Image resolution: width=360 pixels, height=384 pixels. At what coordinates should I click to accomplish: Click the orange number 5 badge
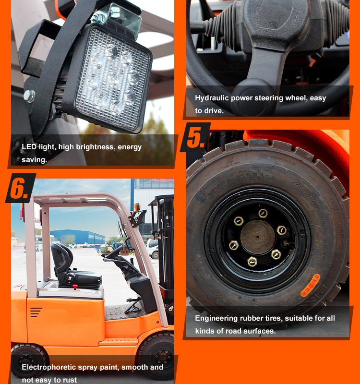tap(196, 137)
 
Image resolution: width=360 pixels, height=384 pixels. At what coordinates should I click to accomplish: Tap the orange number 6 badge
tap(20, 188)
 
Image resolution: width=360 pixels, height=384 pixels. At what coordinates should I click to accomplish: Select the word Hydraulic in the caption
tap(211, 98)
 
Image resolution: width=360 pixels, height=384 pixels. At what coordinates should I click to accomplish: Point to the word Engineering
tap(216, 318)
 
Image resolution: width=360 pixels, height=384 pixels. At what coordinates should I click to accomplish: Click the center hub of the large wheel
tap(258, 237)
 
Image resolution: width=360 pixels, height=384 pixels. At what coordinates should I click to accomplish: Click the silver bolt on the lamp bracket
tap(29, 96)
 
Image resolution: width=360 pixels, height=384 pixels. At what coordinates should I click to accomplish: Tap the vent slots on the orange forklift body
tap(36, 312)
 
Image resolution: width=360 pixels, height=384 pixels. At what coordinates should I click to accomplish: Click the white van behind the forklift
tap(153, 248)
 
